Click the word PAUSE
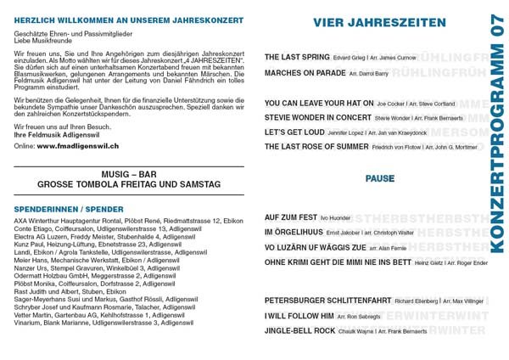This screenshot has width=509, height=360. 380,179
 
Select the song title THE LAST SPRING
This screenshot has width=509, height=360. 297,57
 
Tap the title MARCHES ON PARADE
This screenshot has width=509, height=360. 305,73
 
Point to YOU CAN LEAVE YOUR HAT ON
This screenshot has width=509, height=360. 318,103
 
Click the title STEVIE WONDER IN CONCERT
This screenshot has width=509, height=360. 317,117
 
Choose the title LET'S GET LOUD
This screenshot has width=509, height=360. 294,132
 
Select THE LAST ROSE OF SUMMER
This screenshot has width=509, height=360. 316,147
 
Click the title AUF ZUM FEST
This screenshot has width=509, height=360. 290,217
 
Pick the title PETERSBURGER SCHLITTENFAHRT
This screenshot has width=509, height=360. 327,301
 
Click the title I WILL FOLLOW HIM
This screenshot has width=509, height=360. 299,316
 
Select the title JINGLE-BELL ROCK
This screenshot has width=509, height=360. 299,330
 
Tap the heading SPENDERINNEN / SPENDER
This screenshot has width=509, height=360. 69,209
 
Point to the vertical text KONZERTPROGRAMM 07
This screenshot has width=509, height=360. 497,136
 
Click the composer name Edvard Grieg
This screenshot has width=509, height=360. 350,58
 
